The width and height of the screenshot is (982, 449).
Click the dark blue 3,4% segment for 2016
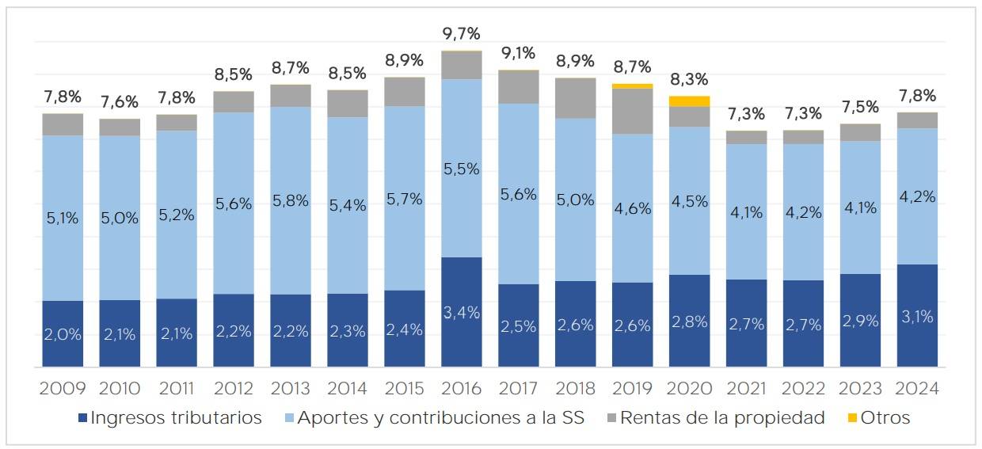[x=462, y=311]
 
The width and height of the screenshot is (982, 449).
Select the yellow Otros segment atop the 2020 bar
[x=689, y=101]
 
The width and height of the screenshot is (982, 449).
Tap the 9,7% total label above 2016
[x=462, y=34]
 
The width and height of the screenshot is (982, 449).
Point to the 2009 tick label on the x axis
[x=63, y=389]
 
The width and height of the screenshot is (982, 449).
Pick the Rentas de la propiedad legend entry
[x=712, y=418]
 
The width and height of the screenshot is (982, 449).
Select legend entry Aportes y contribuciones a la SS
[x=431, y=418]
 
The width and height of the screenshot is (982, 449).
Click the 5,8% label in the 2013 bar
[x=291, y=200]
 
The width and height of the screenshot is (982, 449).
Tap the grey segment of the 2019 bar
[x=632, y=111]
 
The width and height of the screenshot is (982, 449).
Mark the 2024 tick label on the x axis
[x=917, y=389]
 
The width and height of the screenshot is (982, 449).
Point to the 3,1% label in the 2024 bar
[x=917, y=317]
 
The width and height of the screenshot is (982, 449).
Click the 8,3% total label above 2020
[x=689, y=80]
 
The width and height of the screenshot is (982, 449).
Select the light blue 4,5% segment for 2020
[x=689, y=200]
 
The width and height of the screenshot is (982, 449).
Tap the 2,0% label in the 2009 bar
[x=63, y=334]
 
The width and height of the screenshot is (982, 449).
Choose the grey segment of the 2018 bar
[x=575, y=98]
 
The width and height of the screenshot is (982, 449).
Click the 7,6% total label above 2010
[x=120, y=102]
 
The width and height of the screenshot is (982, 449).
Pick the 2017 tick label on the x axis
[x=518, y=389]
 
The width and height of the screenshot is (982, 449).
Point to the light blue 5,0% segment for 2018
[x=575, y=200]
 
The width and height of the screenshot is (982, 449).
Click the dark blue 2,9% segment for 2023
[x=860, y=321]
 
